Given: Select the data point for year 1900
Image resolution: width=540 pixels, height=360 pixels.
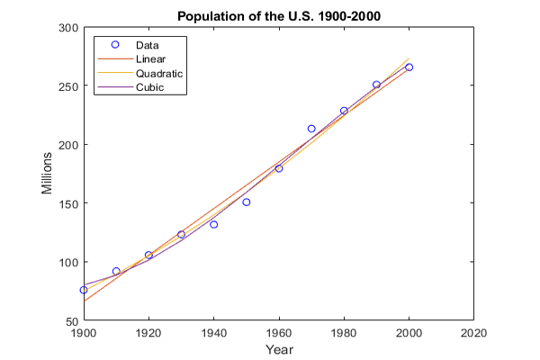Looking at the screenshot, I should [x=84, y=290].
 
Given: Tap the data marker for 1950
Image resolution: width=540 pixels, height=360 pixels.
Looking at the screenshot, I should [x=247, y=202].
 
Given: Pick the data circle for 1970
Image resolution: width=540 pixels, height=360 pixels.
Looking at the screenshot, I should [x=311, y=129].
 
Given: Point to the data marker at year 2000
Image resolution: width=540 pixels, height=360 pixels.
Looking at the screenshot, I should [x=409, y=67].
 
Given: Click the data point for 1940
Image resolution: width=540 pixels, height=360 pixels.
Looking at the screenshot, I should [x=213, y=224].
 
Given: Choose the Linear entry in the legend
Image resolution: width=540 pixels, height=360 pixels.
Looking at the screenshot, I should [x=149, y=58].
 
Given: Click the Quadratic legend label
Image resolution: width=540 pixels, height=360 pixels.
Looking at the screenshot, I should [x=158, y=73].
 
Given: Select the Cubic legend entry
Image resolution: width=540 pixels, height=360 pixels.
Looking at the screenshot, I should [x=148, y=87].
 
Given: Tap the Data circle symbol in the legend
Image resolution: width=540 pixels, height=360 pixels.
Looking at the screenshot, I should [x=114, y=44].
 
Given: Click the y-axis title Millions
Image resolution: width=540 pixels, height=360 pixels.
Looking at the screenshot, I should [x=47, y=173].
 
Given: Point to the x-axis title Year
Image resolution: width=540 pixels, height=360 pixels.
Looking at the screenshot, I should [x=279, y=348].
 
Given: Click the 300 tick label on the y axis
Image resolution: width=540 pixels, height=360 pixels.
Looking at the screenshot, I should [x=67, y=28].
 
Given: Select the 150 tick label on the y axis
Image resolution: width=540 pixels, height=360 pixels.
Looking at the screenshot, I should [x=67, y=203].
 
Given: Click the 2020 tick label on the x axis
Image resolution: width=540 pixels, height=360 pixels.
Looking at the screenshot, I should [x=473, y=332].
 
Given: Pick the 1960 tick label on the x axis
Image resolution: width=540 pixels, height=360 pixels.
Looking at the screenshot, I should [x=279, y=332].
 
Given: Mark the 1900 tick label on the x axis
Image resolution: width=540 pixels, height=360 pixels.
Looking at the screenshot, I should [x=84, y=332].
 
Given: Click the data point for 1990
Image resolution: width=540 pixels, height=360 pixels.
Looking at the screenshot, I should [x=376, y=85].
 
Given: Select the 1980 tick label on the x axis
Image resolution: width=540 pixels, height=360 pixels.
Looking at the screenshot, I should [x=344, y=332].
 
